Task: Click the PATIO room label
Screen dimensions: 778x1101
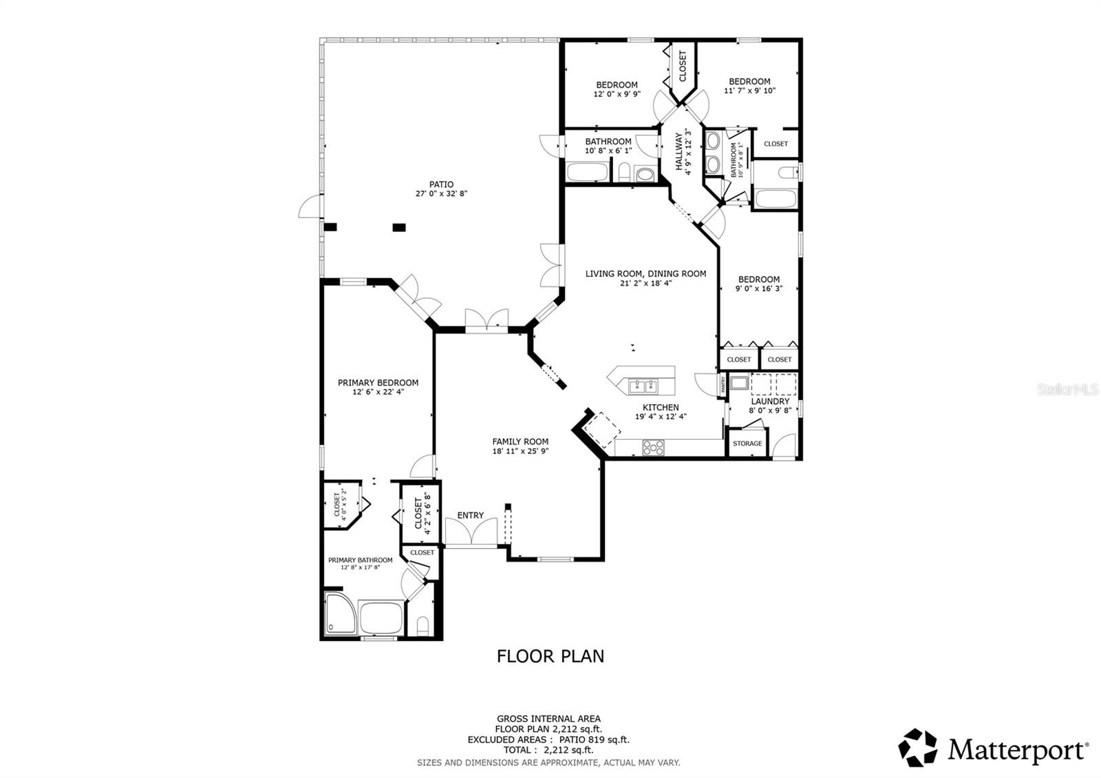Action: click(441, 185)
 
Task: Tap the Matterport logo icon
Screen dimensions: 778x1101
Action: click(917, 748)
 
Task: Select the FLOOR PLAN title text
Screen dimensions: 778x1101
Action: click(550, 656)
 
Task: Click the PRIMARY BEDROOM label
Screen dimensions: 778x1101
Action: click(378, 383)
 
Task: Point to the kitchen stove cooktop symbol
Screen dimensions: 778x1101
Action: click(652, 448)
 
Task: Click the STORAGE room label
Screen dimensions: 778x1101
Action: click(747, 443)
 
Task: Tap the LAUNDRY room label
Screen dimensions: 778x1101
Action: click(770, 401)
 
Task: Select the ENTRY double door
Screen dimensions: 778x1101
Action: click(471, 532)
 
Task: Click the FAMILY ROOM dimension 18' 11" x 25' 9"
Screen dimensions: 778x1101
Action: click(520, 452)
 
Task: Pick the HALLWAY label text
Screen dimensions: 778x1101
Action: click(679, 151)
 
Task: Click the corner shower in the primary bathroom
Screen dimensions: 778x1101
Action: click(340, 615)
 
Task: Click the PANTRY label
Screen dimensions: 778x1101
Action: click(723, 384)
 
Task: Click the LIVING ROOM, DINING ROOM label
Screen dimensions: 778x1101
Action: click(645, 273)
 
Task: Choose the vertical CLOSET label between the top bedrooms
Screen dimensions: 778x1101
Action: click(683, 67)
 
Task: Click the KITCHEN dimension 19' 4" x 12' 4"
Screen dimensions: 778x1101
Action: click(661, 417)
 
